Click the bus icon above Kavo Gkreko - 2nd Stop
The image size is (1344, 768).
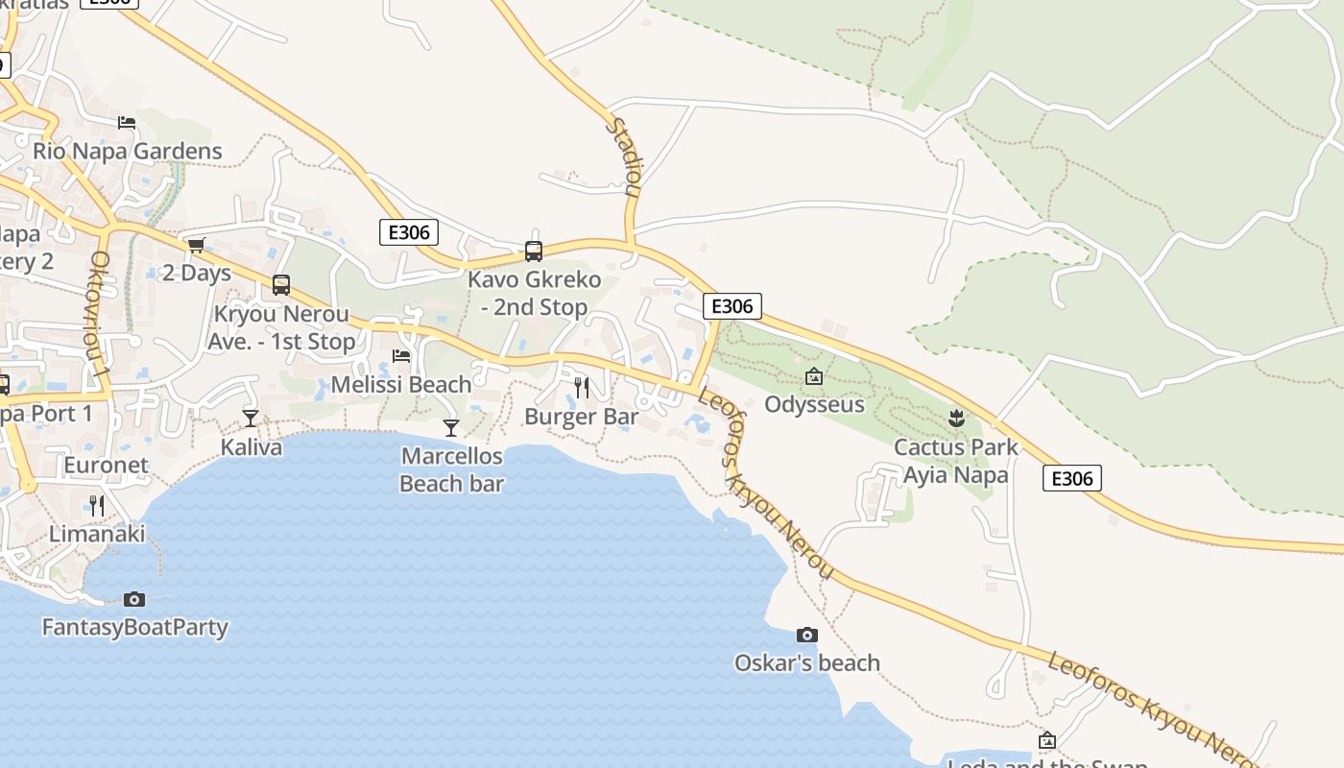click(x=534, y=252)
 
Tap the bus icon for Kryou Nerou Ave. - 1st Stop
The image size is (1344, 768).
click(x=281, y=285)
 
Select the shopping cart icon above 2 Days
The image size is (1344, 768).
click(x=197, y=245)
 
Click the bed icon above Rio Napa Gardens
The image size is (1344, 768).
click(x=127, y=122)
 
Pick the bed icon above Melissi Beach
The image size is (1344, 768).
click(x=401, y=356)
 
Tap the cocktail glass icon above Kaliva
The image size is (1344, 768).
click(x=251, y=418)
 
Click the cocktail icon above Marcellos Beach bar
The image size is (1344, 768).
click(x=451, y=427)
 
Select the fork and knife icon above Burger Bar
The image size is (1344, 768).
click(x=581, y=388)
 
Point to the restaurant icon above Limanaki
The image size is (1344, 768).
click(x=96, y=505)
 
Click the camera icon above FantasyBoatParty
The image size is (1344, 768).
click(x=134, y=599)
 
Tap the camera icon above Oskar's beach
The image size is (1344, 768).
click(x=807, y=635)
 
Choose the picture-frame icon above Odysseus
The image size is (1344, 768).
click(x=814, y=376)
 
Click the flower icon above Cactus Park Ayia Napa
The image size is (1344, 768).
click(x=956, y=418)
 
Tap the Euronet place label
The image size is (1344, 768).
click(x=107, y=466)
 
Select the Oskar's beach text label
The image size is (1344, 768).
click(x=807, y=663)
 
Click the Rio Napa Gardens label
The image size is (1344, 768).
click(x=128, y=151)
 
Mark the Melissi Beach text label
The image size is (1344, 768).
click(x=401, y=385)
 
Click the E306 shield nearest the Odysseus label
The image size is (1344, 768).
click(x=732, y=306)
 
